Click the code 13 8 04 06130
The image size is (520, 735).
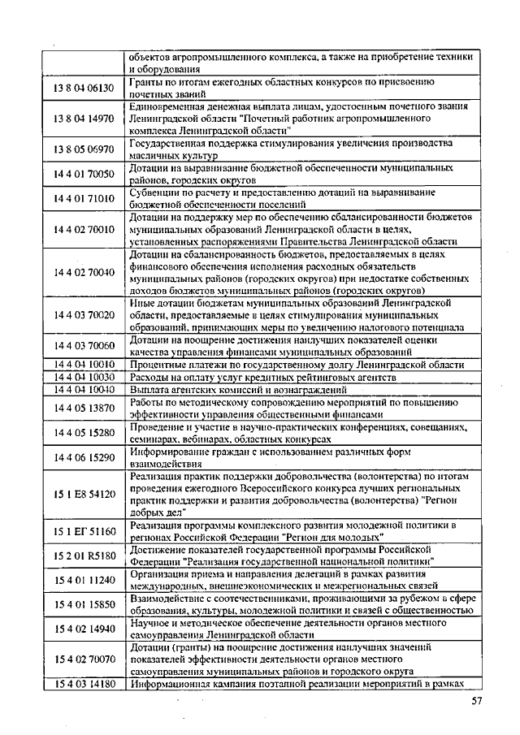[84, 88]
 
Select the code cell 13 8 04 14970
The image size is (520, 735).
[84, 119]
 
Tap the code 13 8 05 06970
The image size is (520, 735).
[84, 149]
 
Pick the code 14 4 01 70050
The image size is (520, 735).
[84, 173]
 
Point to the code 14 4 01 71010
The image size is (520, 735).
[84, 197]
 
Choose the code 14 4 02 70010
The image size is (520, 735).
[84, 229]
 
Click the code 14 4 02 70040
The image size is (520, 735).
[84, 272]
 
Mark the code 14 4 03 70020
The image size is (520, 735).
[84, 314]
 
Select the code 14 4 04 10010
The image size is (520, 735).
[84, 365]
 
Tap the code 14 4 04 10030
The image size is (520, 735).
[84, 377]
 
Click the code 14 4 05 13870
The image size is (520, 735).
[84, 407]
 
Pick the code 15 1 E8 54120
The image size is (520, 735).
[84, 494]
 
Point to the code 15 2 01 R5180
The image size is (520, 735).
[84, 556]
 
